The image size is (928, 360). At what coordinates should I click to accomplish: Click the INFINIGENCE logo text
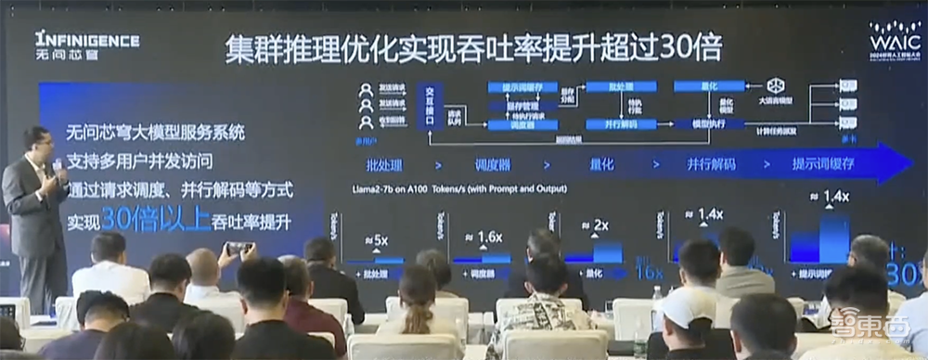coord(87,40)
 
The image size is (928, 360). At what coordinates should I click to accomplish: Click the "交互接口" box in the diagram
coord(429,105)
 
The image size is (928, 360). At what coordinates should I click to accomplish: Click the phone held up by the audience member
coord(238,249)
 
